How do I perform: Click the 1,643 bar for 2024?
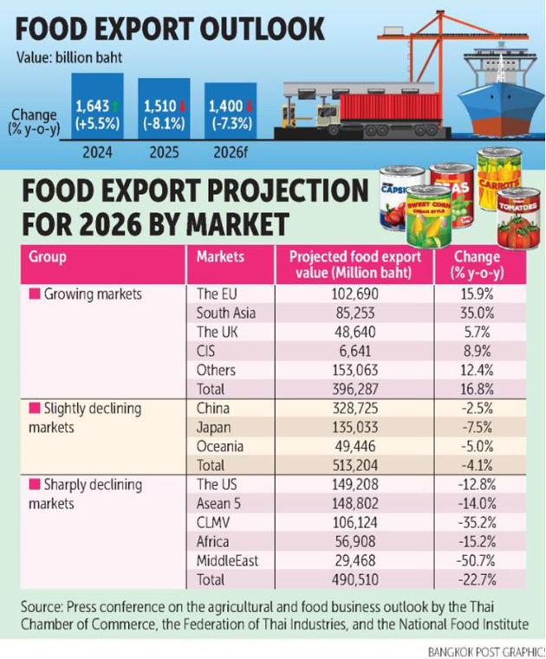97,111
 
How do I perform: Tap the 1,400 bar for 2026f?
231,114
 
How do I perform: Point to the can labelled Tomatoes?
518,223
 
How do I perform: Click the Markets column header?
220,257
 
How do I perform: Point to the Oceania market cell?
221,447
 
